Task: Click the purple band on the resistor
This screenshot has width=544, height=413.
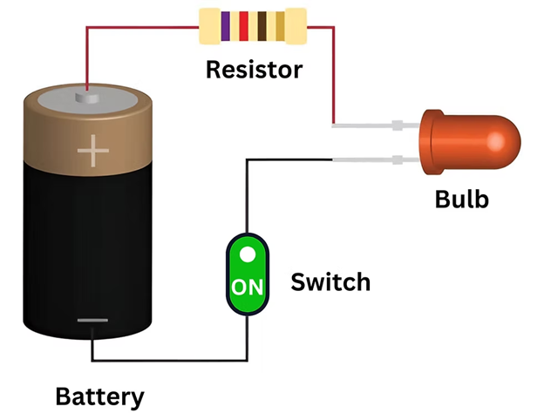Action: [x=226, y=26]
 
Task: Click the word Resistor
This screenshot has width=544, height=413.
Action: [x=254, y=70]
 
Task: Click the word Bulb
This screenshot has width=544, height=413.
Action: [x=461, y=200]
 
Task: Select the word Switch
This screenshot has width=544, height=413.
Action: [x=330, y=282]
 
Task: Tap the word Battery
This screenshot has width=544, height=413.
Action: [x=99, y=396]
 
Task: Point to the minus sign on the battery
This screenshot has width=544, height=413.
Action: [x=92, y=321]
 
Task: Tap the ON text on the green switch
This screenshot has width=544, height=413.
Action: [x=247, y=286]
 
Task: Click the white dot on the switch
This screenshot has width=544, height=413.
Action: [x=248, y=254]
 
